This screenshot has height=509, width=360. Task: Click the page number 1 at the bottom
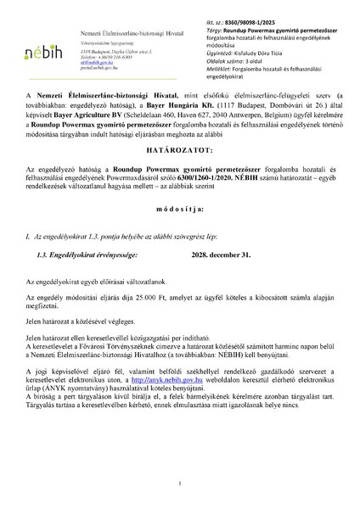181,484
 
